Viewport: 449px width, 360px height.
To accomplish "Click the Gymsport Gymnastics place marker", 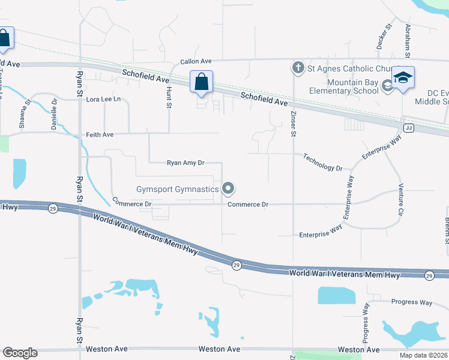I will click(x=228, y=189).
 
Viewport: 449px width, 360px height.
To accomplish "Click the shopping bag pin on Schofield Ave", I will click(x=202, y=82).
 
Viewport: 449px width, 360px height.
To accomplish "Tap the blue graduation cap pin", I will click(x=403, y=78).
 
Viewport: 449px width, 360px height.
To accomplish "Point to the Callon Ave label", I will click(x=197, y=62).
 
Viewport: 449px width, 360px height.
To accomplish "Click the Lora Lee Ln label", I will click(x=104, y=99).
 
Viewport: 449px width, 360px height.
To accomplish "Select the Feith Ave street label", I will click(x=100, y=135).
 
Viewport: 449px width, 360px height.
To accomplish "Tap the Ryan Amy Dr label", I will click(x=185, y=163).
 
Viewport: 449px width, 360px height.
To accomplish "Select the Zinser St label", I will click(x=294, y=123).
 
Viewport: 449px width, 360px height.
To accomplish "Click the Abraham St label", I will click(x=407, y=37).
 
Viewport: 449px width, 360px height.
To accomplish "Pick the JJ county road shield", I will click(x=409, y=127).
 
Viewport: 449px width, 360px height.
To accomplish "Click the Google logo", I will click(x=20, y=353).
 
